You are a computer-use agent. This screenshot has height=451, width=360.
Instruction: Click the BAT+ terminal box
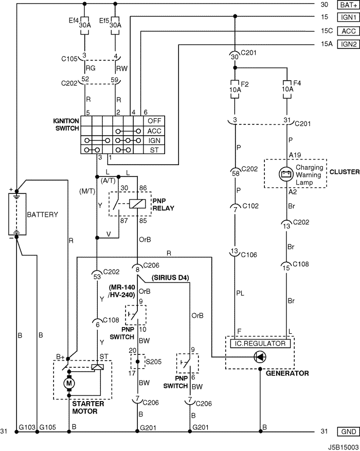coord(349,5)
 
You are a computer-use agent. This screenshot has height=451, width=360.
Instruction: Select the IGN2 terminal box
coord(349,44)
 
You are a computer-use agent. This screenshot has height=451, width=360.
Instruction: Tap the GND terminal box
coord(349,431)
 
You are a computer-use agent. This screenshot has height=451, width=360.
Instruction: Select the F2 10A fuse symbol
coord(235,89)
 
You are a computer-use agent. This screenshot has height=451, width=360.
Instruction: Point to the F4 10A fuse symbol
coord(287,89)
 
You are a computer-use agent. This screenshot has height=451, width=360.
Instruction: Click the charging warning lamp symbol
coord(286,174)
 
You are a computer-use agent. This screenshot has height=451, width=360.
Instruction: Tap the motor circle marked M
coord(69,383)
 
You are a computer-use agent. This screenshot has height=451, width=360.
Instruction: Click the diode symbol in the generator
coord(260,357)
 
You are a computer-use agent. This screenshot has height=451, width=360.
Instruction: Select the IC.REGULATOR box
coord(260,344)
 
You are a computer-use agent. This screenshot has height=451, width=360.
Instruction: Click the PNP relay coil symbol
coord(135,204)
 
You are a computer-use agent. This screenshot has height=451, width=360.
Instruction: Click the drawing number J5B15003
coord(343,447)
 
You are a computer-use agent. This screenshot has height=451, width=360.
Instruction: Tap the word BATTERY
coord(42,214)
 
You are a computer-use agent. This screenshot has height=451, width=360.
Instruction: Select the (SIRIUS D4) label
coord(170,278)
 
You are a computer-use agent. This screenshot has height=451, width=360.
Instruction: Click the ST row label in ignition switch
coord(154,150)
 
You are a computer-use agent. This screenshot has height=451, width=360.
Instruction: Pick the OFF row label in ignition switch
coord(154,121)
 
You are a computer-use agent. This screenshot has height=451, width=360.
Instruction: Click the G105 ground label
coord(48,427)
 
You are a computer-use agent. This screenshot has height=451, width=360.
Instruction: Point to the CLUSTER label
coord(345,172)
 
